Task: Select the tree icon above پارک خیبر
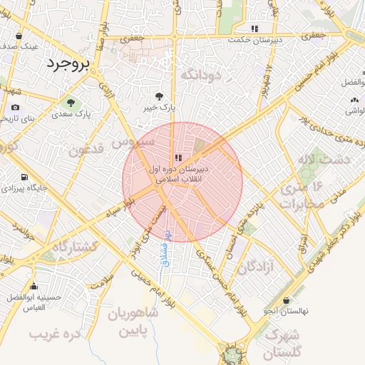click(x=159, y=96)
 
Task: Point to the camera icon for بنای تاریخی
click(x=15, y=108)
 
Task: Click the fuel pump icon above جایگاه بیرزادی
click(x=25, y=177)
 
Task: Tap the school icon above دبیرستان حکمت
click(x=255, y=29)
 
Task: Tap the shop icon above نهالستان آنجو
click(x=286, y=301)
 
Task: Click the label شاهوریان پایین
click(x=133, y=323)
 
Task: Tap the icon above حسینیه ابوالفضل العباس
click(x=34, y=287)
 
